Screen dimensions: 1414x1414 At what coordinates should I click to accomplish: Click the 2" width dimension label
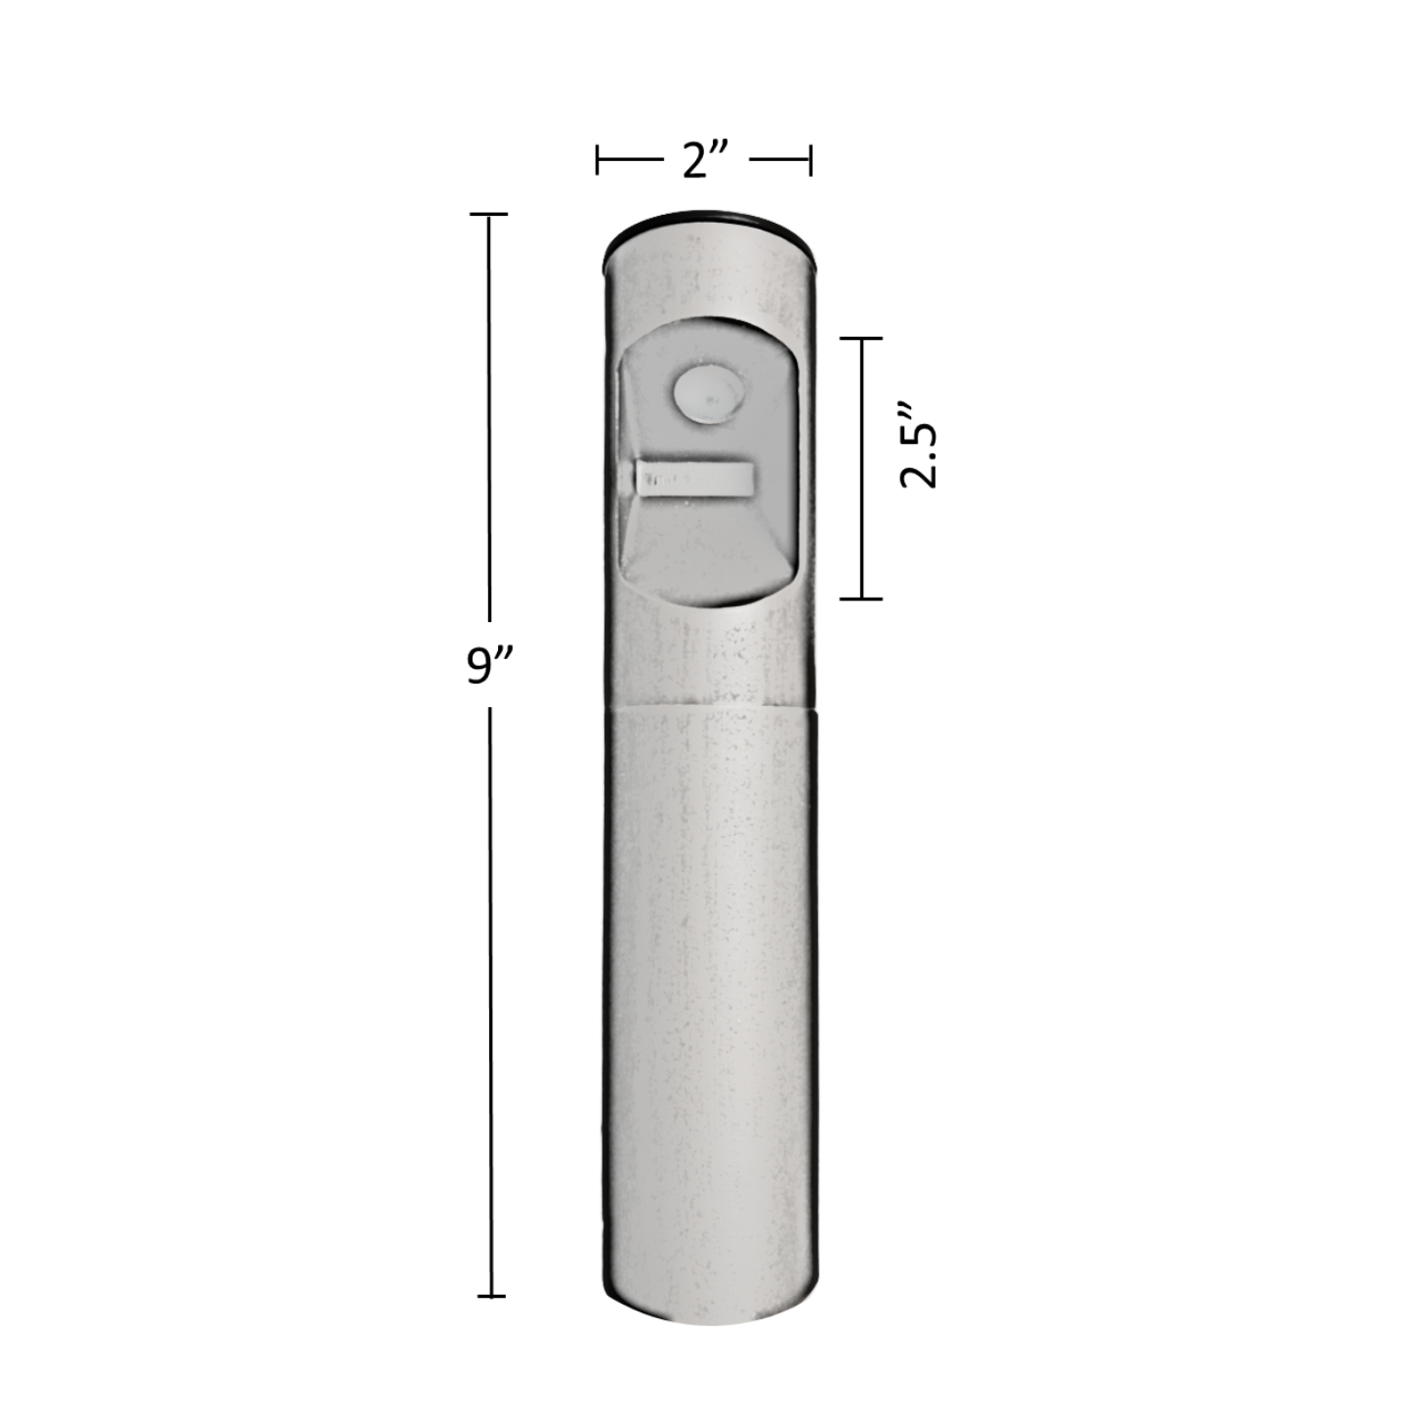pyautogui.click(x=704, y=161)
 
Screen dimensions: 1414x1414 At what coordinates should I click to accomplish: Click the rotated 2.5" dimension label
pyautogui.click(x=919, y=444)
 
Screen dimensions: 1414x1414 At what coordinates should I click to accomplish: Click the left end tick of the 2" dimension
pyautogui.click(x=598, y=160)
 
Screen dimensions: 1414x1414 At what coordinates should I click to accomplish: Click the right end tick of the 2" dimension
pyautogui.click(x=811, y=160)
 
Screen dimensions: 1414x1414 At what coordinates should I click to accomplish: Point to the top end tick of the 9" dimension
pyautogui.click(x=488, y=214)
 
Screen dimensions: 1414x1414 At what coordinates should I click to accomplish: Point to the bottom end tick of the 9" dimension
pyautogui.click(x=491, y=1173)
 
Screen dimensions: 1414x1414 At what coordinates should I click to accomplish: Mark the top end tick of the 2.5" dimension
pyautogui.click(x=861, y=338)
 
